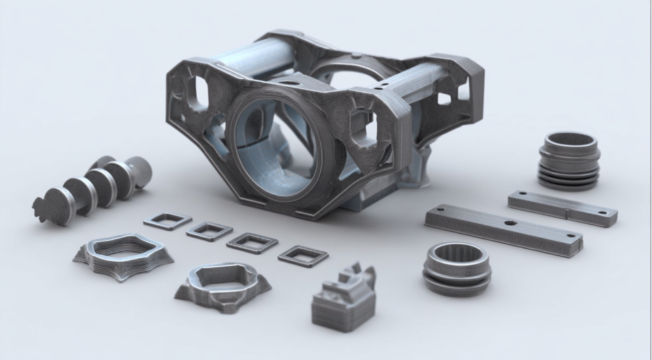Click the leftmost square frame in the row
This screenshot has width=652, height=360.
click(167, 221)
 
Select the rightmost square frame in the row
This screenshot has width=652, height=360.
click(303, 256)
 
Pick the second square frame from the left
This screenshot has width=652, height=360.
click(210, 231)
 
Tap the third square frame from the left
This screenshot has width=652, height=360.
click(252, 243)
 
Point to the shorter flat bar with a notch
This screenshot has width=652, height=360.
click(562, 208)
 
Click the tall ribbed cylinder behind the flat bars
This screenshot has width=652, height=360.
click(569, 161)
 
